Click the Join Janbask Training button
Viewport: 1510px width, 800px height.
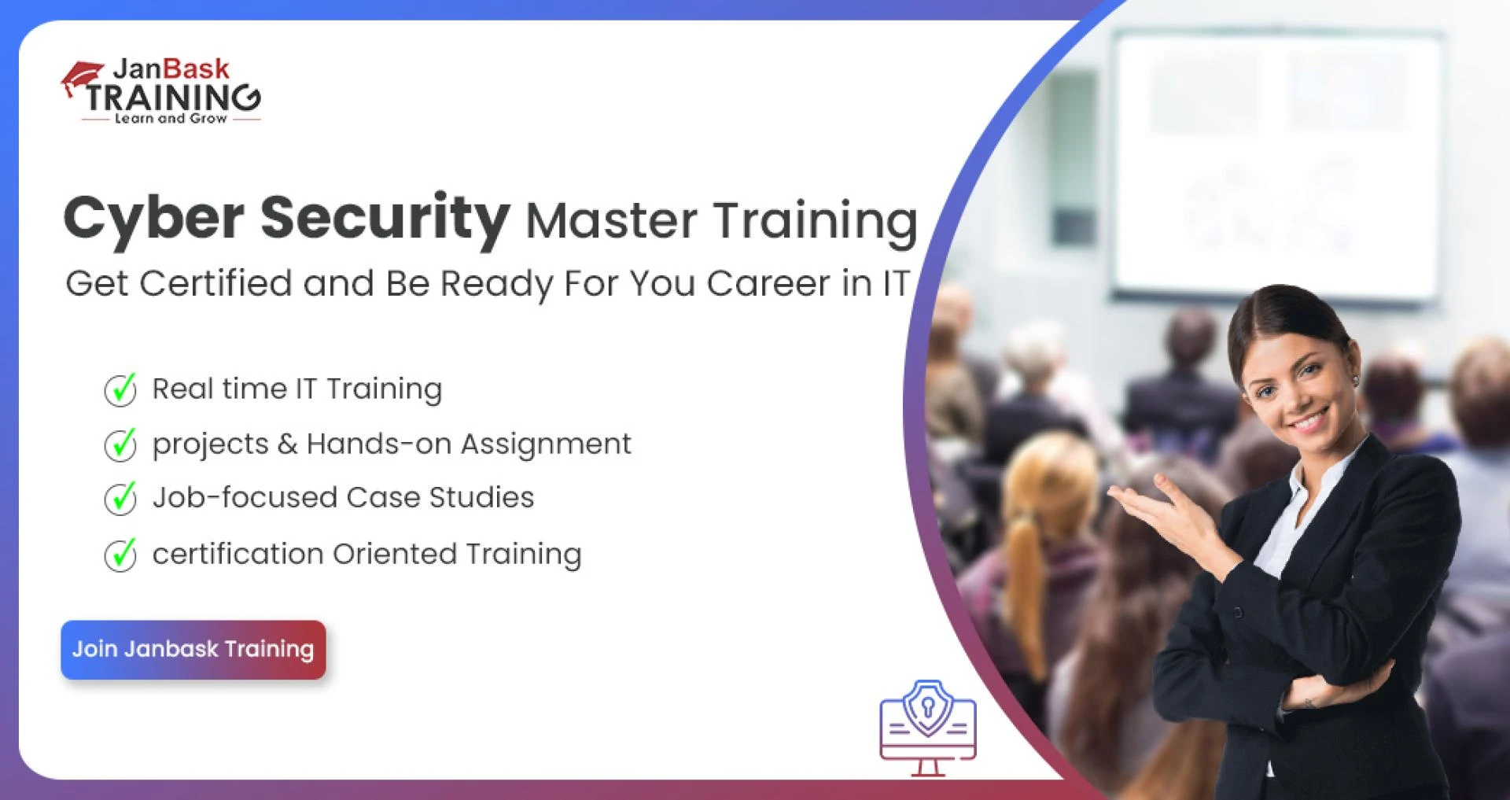point(193,650)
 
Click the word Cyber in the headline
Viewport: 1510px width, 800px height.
point(153,218)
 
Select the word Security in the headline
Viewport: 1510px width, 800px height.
point(385,218)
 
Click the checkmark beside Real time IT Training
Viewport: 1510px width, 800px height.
point(120,389)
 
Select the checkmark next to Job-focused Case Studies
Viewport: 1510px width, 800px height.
point(120,498)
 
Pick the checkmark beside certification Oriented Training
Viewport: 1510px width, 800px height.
point(120,555)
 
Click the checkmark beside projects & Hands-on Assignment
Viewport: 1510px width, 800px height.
point(120,444)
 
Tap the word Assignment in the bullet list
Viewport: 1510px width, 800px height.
point(546,444)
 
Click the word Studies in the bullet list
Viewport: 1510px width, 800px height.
point(481,498)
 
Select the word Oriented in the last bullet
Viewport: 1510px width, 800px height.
point(394,554)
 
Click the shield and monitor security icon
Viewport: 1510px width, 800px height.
point(928,727)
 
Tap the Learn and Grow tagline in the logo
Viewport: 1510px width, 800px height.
point(171,119)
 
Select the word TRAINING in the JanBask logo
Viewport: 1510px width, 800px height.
point(173,98)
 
